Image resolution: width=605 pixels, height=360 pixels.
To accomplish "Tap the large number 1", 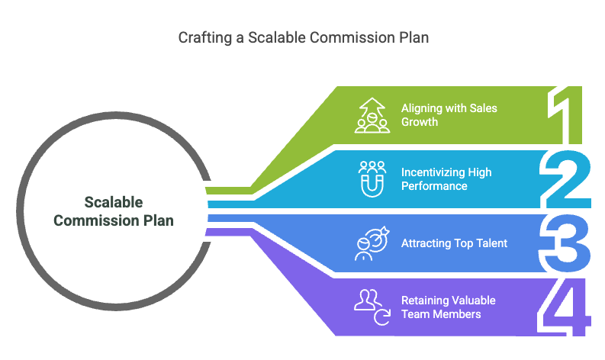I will pyautogui.click(x=566, y=115).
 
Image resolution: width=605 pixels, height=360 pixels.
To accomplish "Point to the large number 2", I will pyautogui.click(x=566, y=179).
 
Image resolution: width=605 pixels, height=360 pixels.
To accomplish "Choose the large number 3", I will pyautogui.click(x=566, y=243).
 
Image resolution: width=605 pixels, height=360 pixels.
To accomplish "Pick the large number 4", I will pyautogui.click(x=566, y=307).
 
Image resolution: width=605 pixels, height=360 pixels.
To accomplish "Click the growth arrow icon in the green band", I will pyautogui.click(x=372, y=115).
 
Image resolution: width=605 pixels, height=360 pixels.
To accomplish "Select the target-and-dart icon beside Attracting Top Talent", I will pyautogui.click(x=372, y=243).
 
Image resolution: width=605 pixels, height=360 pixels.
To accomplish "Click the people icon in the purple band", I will pyautogui.click(x=372, y=307).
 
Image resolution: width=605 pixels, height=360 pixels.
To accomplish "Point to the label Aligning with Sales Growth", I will pyautogui.click(x=449, y=114).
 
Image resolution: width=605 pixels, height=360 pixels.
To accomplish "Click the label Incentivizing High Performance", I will pyautogui.click(x=446, y=179).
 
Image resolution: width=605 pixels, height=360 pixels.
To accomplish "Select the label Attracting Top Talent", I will pyautogui.click(x=454, y=243).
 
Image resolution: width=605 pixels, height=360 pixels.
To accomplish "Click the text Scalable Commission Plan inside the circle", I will pyautogui.click(x=113, y=211).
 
